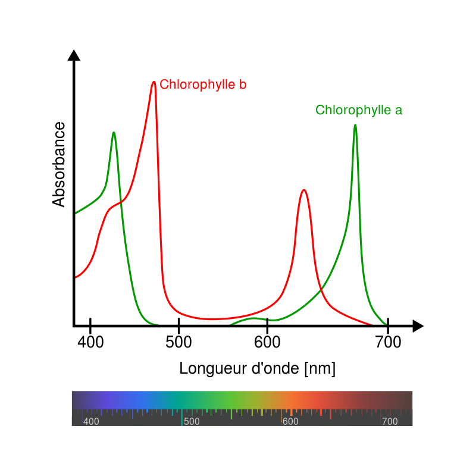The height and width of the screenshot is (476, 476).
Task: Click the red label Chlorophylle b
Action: [203, 84]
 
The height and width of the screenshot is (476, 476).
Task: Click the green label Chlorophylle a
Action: [359, 110]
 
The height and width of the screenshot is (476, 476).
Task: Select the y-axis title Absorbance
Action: [59, 164]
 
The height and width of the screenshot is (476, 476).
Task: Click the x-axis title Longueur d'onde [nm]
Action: [257, 369]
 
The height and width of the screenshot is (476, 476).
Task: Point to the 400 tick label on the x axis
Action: [90, 343]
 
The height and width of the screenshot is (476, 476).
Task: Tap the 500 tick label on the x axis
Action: [178, 343]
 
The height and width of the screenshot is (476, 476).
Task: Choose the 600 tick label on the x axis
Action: [267, 343]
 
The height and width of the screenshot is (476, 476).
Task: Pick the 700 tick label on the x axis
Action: [388, 343]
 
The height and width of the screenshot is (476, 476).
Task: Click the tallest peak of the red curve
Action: [154, 82]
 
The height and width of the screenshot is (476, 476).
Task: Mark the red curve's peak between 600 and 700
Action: [304, 190]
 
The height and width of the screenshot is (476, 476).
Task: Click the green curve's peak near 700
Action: [355, 126]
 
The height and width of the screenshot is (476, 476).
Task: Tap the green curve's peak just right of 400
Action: [113, 133]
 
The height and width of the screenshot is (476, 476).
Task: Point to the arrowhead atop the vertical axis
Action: [74, 55]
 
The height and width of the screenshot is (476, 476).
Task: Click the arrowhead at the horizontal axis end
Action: [418, 326]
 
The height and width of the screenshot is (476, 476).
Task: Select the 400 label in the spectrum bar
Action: [91, 422]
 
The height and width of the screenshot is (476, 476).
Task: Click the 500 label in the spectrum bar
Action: [192, 422]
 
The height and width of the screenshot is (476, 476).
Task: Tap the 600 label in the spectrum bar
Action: [290, 422]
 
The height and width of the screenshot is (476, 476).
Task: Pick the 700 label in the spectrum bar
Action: [390, 422]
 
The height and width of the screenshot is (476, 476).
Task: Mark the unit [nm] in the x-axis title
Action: [320, 369]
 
